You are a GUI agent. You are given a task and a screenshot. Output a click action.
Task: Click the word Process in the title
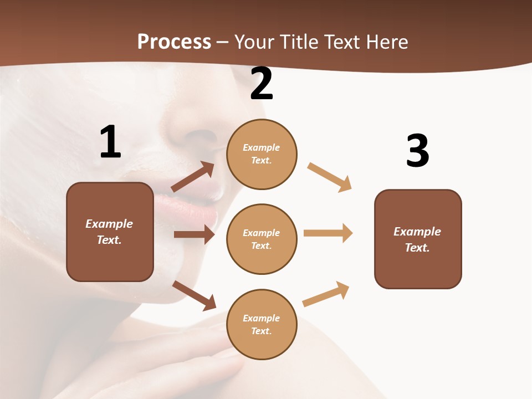tap(174, 42)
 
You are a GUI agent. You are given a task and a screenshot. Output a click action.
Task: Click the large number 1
tap(110, 142)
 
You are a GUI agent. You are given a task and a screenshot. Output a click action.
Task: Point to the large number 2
tap(262, 84)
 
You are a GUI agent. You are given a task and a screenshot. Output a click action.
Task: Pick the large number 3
tap(417, 151)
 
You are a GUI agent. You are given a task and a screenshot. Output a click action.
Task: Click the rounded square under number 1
tap(110, 232)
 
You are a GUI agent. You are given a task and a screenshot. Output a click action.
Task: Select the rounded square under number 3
tap(418, 239)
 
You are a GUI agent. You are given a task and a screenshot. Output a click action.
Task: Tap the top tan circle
tap(262, 154)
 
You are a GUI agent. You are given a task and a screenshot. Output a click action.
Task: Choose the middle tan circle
tap(262, 239)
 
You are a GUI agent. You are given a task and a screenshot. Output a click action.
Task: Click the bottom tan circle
tap(262, 324)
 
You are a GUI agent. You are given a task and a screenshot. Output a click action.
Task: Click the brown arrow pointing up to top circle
tap(193, 177)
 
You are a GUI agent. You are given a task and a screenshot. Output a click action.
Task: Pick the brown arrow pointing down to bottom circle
tap(194, 296)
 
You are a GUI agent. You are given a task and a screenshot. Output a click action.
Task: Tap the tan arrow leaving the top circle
tap(330, 177)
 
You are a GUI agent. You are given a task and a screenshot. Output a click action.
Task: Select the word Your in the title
tap(255, 42)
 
